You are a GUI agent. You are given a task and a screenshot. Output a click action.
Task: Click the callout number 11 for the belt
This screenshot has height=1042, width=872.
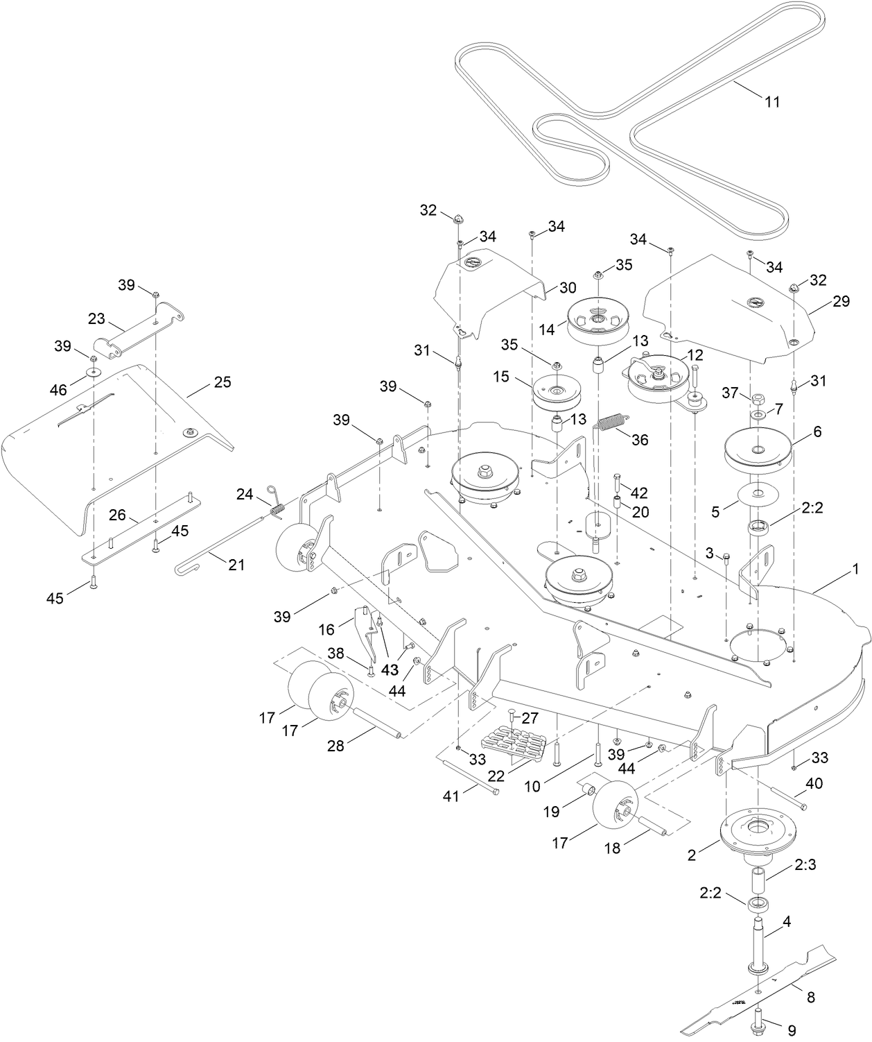click(772, 102)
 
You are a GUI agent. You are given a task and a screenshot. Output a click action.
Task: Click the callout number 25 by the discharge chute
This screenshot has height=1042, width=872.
click(223, 382)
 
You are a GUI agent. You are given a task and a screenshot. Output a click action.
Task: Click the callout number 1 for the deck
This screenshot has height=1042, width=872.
click(855, 569)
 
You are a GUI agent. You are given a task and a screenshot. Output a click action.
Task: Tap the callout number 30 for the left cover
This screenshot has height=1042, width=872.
click(568, 287)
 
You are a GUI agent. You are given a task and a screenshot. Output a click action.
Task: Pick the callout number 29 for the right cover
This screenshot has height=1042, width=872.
click(842, 302)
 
